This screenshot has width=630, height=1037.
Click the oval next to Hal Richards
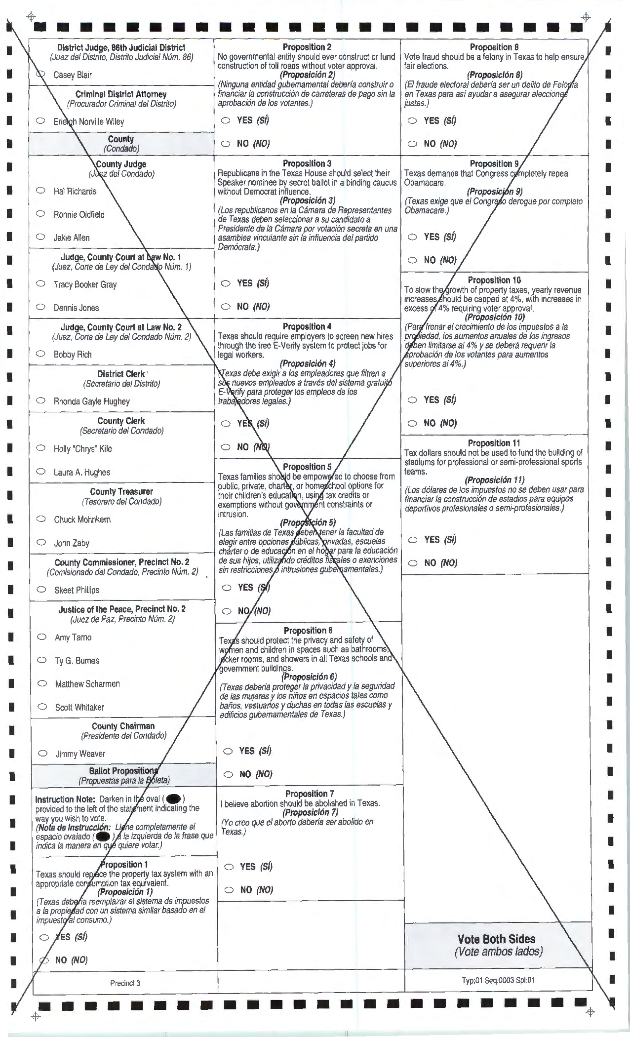(41, 190)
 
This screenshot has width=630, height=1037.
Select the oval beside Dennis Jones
(41, 307)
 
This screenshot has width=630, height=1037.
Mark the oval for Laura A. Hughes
(41, 471)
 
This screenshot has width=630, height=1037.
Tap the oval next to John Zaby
(42, 542)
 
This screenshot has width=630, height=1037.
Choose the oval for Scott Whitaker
(42, 706)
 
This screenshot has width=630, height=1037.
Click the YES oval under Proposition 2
(226, 120)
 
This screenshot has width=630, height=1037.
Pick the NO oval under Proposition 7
(229, 889)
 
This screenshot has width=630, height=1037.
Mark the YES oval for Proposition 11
(413, 539)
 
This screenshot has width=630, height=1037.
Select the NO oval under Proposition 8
(412, 144)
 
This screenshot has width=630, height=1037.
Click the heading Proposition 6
(308, 630)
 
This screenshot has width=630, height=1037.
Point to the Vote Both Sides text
(496, 939)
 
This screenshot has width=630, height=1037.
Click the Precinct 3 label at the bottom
(125, 983)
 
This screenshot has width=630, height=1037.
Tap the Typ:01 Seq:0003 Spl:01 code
(498, 980)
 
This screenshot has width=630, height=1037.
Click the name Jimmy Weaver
(80, 754)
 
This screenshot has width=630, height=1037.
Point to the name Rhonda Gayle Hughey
(91, 401)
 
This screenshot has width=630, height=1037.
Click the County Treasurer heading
(121, 491)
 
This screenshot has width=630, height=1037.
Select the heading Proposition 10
(494, 280)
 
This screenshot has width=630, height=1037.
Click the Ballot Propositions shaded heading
(123, 771)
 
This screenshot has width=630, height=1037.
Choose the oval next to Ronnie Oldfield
(41, 213)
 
